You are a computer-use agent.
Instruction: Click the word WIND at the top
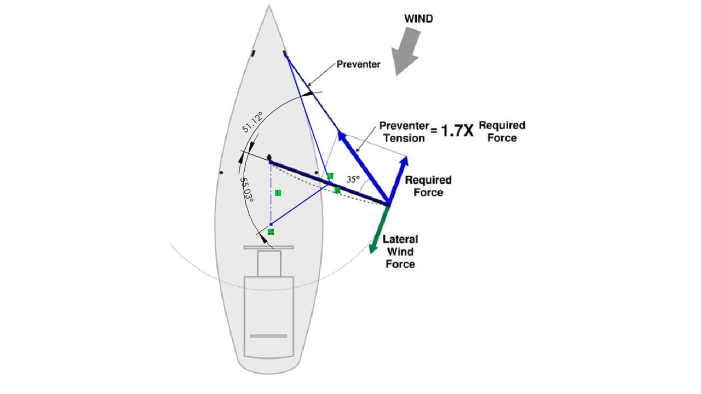coord(418,19)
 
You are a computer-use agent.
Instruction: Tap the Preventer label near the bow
coord(359,64)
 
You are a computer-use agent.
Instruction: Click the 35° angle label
coord(354,179)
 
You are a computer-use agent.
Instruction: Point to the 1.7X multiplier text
coord(455,131)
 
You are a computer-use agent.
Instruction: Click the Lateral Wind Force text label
coord(401,252)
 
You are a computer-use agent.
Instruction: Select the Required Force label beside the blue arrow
coord(428,186)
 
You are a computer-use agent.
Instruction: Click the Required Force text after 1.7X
coord(502,131)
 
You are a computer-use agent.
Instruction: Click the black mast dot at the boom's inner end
coord(269,158)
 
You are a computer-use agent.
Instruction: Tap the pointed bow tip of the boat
coord(269,7)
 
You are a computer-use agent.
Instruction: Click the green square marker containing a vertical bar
coord(278,193)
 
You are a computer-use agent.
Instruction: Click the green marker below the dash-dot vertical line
coord(271,232)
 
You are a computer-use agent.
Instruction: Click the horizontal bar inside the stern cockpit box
coord(268,335)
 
